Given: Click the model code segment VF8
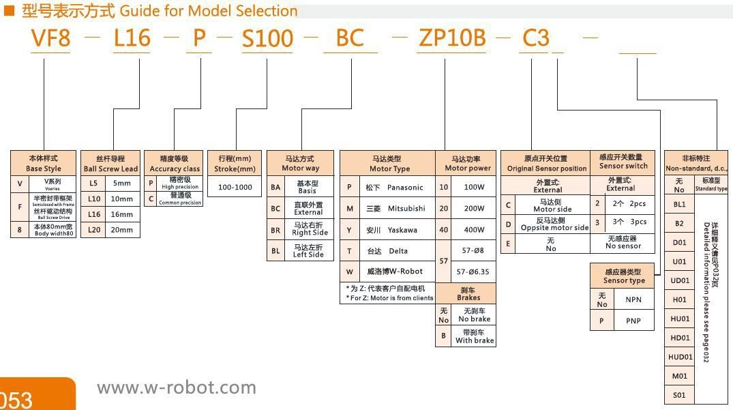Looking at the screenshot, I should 51,38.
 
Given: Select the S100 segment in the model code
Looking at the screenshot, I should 268,38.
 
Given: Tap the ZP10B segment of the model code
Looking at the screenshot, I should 451,38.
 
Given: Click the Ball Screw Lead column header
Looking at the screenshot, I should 110,164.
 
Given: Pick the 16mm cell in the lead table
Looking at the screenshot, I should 122,214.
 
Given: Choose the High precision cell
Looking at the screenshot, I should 180,183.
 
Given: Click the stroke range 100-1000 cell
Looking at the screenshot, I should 234,187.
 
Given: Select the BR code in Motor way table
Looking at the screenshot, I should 275,230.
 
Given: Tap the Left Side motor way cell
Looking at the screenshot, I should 308,251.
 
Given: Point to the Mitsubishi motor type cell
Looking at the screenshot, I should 395,208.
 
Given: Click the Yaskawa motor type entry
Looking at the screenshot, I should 395,230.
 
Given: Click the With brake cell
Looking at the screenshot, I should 474,336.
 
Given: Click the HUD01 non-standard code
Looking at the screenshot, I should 680,357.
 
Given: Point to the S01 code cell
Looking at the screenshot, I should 679,395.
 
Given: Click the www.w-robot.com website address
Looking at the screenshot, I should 177,388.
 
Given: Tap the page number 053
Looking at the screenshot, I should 16,398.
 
